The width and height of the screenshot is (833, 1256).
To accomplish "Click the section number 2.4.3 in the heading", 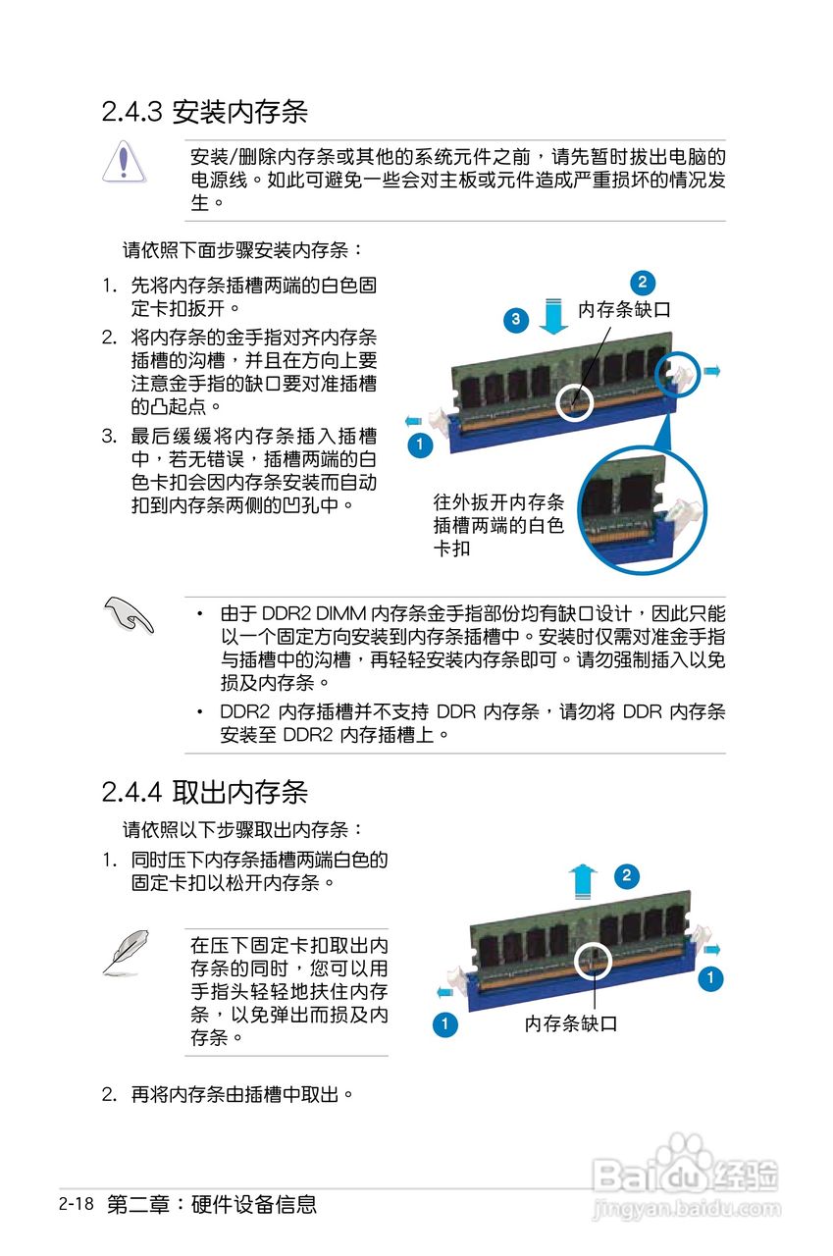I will (131, 112).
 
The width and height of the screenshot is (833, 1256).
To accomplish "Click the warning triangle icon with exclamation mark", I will (123, 161).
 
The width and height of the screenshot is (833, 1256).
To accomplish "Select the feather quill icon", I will (126, 952).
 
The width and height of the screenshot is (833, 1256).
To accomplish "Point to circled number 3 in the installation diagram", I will (517, 319).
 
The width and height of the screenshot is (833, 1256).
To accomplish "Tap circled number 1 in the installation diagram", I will (419, 445).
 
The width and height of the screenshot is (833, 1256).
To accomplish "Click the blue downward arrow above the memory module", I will (555, 316).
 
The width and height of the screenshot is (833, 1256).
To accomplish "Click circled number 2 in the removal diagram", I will (626, 876).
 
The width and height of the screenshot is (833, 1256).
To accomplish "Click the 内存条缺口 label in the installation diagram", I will (624, 310).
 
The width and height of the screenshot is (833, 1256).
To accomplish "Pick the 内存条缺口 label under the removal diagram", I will (571, 1024).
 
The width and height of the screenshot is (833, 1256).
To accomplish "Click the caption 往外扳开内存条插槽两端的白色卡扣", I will (498, 525).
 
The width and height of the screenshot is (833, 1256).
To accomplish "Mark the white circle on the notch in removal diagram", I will (592, 962).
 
